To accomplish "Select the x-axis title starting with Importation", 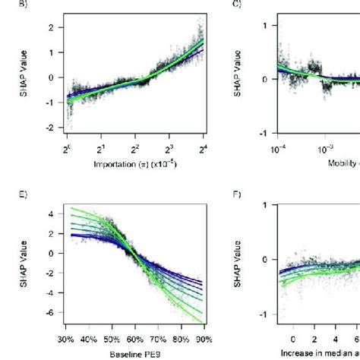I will pos(132,163).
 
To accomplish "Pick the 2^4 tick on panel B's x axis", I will pos(203,147).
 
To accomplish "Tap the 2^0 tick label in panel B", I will pos(67,147).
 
